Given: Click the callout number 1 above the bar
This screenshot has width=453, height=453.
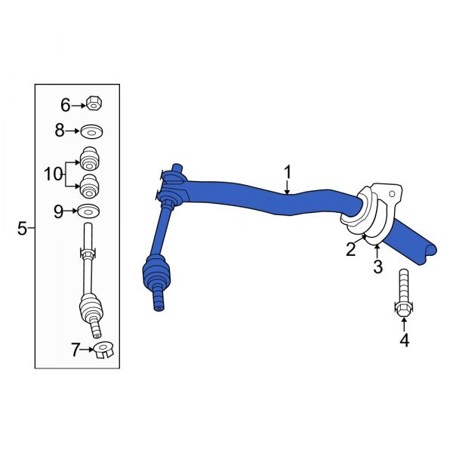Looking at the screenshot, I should coord(288,173).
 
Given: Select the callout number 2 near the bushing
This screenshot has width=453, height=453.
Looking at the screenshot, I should coord(351,250).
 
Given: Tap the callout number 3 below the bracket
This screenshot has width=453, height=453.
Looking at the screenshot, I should coord(377,267).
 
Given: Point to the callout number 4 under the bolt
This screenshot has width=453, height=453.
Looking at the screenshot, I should coord(404,341).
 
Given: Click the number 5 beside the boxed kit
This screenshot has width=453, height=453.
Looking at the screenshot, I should coord(23,227).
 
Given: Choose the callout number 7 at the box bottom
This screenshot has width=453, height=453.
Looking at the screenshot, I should coord(75,350).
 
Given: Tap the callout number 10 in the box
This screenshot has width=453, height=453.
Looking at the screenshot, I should coord(54,174).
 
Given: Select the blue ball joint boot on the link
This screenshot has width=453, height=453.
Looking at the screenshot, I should coord(158,272).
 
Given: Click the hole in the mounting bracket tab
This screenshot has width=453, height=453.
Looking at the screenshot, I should coord(390,195).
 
